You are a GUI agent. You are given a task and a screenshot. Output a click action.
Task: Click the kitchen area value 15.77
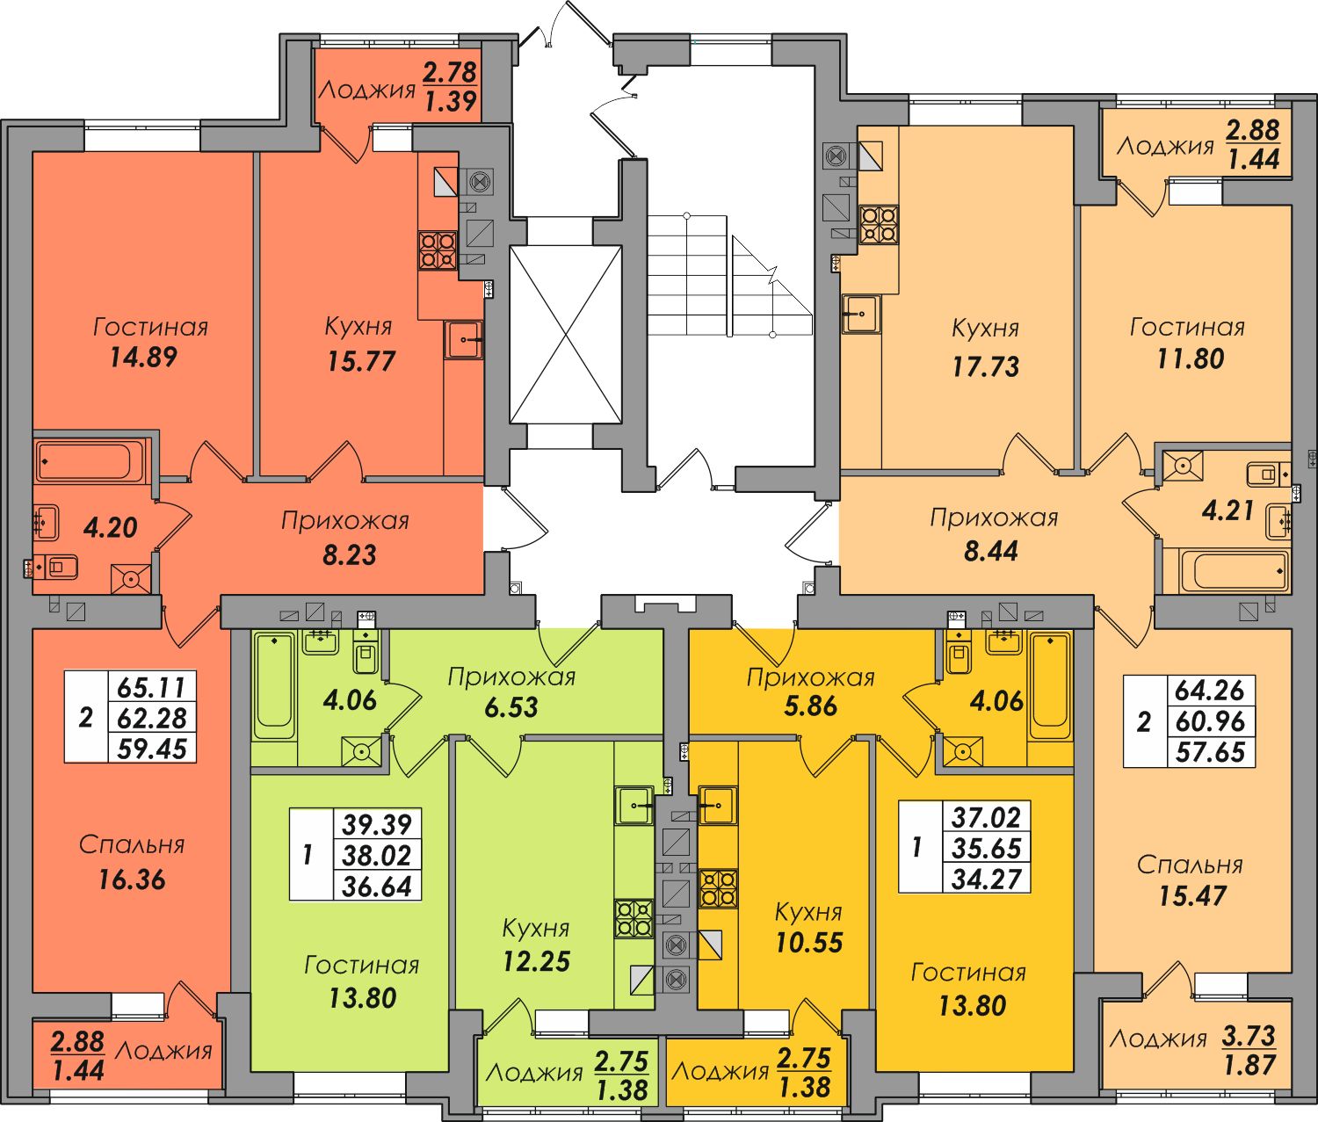click(361, 361)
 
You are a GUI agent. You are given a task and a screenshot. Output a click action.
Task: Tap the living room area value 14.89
click(143, 357)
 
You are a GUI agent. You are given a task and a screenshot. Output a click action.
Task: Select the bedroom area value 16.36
click(132, 880)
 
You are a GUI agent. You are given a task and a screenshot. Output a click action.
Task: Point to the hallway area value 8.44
click(991, 551)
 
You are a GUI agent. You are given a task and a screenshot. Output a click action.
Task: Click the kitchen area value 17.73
click(986, 366)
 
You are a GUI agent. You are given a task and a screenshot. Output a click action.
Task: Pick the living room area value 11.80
click(1191, 358)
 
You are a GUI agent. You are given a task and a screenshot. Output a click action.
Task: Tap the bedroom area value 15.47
click(1192, 896)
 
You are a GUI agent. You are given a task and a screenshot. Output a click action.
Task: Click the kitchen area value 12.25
click(536, 961)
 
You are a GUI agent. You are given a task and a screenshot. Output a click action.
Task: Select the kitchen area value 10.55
click(809, 942)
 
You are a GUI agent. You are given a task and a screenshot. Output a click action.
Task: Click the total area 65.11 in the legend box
click(152, 688)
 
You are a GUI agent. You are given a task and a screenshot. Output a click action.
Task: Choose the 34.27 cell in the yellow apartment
click(987, 880)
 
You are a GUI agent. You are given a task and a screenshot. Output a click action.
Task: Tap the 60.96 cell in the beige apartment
click(1210, 721)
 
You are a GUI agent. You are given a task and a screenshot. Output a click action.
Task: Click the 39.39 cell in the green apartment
click(377, 825)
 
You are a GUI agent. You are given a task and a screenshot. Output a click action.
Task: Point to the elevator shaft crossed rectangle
click(566, 335)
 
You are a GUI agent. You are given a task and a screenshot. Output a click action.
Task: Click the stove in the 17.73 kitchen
click(879, 224)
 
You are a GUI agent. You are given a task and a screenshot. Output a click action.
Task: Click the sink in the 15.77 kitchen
click(464, 340)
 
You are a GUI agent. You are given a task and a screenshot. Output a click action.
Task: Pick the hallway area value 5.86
click(810, 706)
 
